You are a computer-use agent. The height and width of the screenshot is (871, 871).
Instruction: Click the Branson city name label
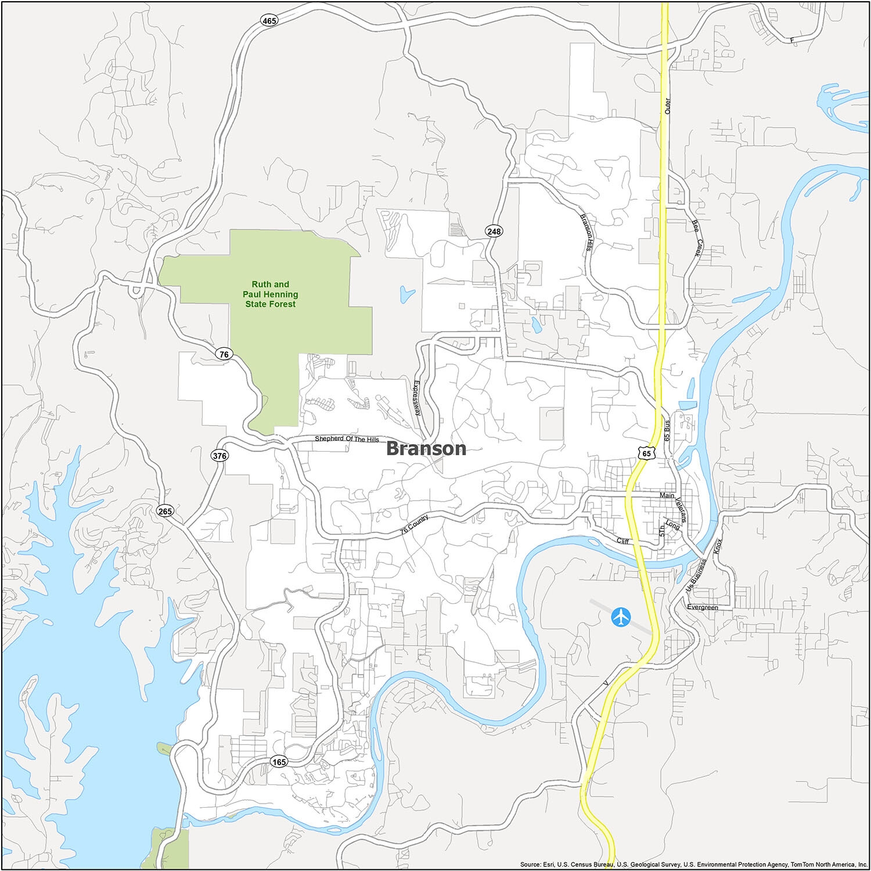point(426,448)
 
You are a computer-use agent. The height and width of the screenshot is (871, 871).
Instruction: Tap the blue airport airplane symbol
point(621,617)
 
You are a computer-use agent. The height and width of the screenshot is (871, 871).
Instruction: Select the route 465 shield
point(269,20)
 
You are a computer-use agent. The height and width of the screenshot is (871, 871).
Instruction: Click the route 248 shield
point(494,232)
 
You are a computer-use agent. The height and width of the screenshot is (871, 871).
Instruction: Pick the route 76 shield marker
point(224,354)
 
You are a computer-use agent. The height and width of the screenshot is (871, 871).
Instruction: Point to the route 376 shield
point(219,456)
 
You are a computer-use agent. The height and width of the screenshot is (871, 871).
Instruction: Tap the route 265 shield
point(165,511)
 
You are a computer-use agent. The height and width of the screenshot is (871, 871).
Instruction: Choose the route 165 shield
point(279,762)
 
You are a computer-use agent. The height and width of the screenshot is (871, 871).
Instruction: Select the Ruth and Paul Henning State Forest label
point(270,294)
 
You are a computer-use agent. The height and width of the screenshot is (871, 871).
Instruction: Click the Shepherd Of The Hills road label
point(347,439)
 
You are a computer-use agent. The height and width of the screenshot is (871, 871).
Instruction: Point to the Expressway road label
point(417,398)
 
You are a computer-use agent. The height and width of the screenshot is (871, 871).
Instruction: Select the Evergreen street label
point(702,607)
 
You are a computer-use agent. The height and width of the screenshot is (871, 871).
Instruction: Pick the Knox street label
point(718,545)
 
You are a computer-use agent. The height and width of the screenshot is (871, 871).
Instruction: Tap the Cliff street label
point(622,541)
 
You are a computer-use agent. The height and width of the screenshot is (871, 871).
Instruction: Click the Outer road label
point(667,105)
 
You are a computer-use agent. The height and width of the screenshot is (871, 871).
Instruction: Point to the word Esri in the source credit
point(550,864)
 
